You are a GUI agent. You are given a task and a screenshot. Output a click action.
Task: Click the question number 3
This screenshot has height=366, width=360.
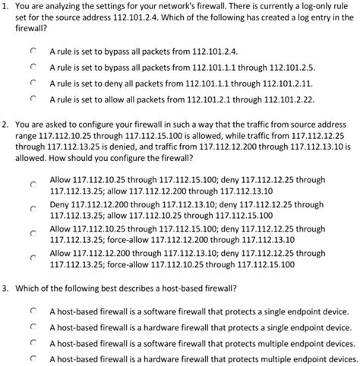pos(5,289)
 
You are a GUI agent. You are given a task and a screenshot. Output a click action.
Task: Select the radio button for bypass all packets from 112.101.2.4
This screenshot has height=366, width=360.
pos(33,50)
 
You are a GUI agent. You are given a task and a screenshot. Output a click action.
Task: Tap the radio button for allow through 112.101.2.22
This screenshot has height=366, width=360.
pos(33,98)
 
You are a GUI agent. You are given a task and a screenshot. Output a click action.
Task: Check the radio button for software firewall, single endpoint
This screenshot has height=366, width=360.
pos(33,311)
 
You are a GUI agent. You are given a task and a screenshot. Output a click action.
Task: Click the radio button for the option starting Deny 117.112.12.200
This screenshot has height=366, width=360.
pos(33,210)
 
